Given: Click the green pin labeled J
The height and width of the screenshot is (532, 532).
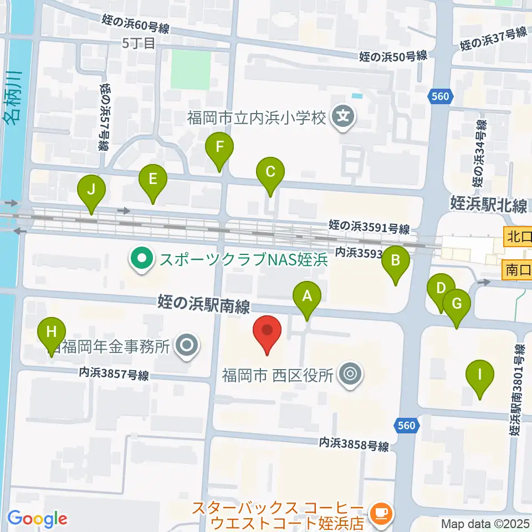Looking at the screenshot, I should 92,191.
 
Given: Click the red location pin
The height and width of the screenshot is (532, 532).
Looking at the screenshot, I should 267,331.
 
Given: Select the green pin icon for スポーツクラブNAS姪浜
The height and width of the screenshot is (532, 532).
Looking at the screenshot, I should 142,259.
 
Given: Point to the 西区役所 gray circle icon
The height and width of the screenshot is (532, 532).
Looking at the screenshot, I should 350,374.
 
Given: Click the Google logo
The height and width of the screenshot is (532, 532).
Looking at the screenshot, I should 38,519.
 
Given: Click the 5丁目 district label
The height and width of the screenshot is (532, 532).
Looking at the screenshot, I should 139,43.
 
